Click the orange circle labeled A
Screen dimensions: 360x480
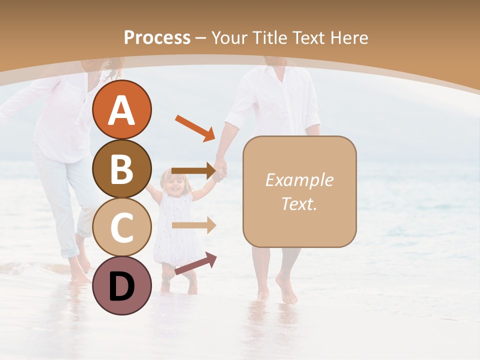[121, 109]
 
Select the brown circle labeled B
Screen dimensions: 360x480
[121, 168]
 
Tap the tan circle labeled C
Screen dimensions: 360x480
[121, 227]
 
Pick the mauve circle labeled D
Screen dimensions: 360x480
[121, 285]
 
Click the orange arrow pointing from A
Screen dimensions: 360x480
[194, 128]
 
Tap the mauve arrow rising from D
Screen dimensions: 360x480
[195, 263]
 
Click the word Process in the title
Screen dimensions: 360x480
[157, 37]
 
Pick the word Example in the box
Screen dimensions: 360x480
[299, 180]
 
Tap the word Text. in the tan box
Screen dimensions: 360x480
[299, 203]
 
